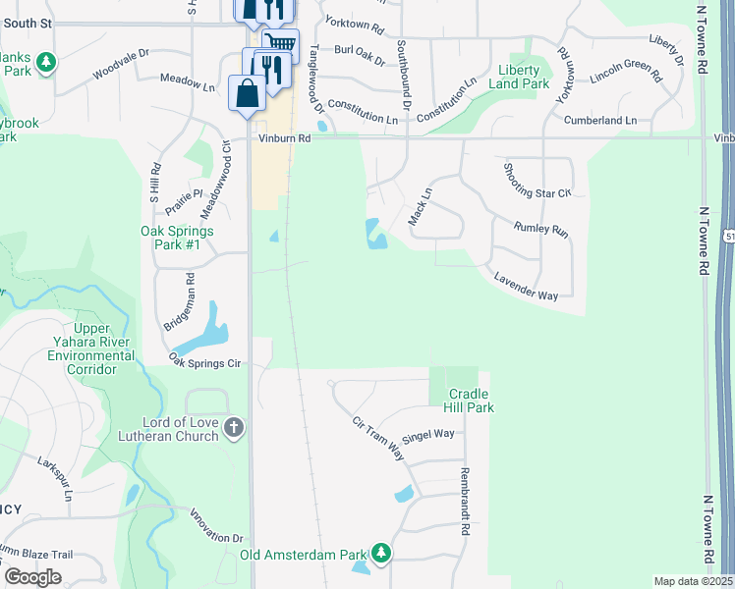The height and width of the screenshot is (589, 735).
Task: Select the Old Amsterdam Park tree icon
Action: click(x=380, y=555)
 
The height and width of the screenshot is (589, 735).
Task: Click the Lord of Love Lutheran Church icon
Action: click(x=233, y=428)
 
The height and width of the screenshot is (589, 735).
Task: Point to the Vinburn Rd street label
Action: click(x=284, y=139)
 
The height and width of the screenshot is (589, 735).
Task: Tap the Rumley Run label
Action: click(x=541, y=230)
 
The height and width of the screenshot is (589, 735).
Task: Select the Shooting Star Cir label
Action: click(x=536, y=180)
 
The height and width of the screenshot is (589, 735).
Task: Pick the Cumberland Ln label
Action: click(x=599, y=120)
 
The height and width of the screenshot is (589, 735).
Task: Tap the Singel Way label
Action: click(x=429, y=433)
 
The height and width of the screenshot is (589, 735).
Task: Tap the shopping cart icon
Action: click(x=281, y=44)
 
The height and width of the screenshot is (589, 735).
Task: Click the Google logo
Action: click(x=33, y=577)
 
